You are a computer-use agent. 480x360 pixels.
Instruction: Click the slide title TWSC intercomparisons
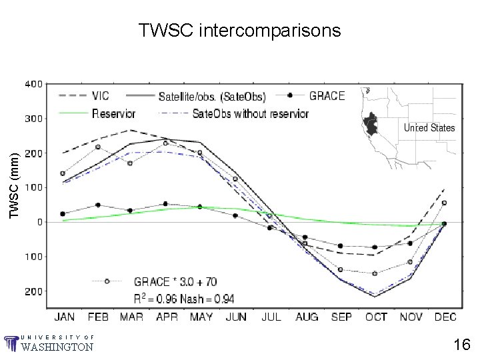click(239, 31)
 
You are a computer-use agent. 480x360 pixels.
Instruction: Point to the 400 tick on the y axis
click(33, 84)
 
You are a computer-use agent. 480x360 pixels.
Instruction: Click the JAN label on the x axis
click(65, 317)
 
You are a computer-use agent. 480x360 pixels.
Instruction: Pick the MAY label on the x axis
click(201, 317)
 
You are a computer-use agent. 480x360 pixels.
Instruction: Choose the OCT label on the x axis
click(376, 317)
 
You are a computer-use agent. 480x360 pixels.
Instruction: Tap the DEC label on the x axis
click(445, 317)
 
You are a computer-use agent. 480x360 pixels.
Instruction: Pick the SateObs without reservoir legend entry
click(250, 113)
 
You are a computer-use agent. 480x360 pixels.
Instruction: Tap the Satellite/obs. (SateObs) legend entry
click(212, 96)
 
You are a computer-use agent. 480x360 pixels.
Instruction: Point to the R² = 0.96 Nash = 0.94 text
click(183, 298)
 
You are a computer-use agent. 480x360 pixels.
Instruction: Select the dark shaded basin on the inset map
click(369, 124)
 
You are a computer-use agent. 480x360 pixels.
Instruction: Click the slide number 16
click(462, 345)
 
